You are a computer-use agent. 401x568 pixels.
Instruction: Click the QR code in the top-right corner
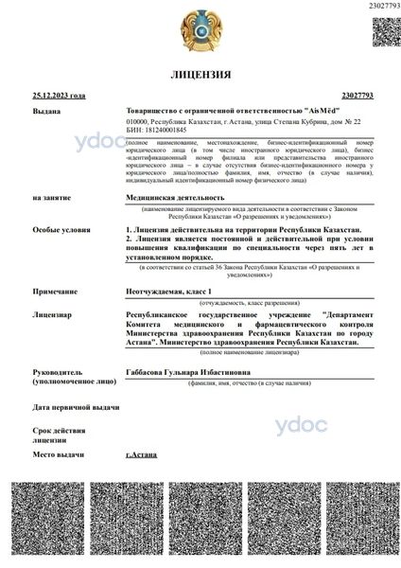(x=383, y=32)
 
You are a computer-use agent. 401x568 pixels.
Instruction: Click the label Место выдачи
(x=58, y=455)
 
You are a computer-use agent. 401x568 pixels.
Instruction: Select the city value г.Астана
(x=142, y=455)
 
